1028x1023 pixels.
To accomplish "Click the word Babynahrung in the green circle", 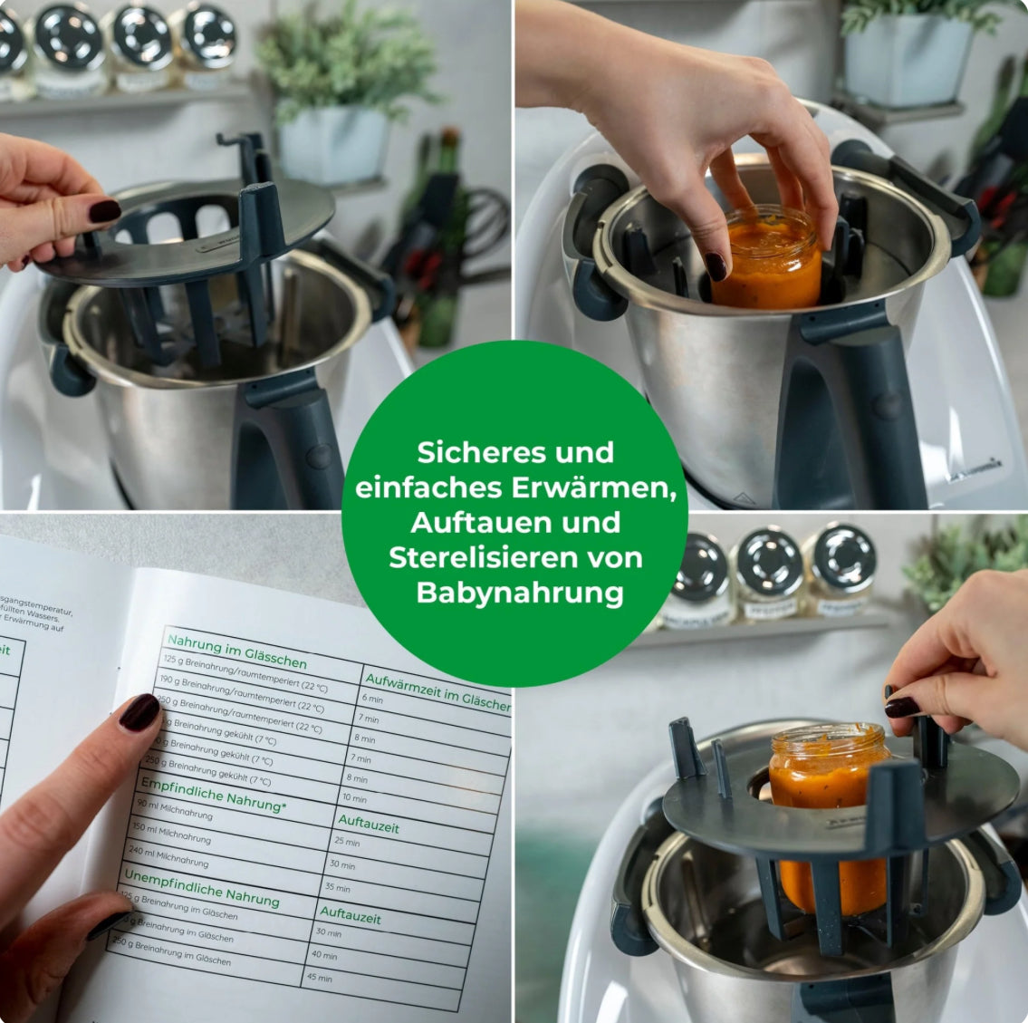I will coord(519,593).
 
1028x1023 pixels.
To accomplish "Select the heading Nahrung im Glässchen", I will coord(236,650).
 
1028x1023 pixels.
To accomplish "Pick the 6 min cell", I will coord(372,699).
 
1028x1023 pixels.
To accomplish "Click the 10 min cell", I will coord(354,798).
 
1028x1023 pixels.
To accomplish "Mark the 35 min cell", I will coord(337,887).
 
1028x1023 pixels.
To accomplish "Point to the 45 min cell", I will coord(319,978).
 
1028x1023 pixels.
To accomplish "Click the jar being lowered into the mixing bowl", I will coord(767,257).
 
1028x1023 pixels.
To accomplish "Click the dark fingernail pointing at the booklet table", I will coord(139,711).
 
